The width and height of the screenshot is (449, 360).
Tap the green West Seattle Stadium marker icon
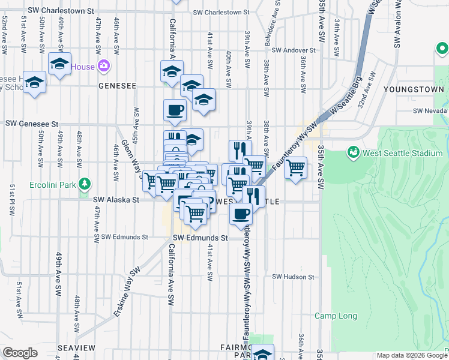click(353, 153)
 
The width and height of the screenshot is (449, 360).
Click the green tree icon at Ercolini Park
click(86, 183)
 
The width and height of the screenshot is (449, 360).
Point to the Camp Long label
click(336, 316)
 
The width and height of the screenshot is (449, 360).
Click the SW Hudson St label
click(293, 277)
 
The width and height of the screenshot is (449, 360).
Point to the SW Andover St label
click(293, 50)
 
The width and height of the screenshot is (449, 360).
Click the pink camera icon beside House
click(104, 65)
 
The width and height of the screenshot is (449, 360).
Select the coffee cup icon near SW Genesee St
click(175, 110)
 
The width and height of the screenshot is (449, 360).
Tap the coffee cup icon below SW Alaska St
click(241, 214)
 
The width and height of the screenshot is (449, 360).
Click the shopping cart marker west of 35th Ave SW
click(295, 168)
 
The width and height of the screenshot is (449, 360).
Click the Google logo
click(20, 353)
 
